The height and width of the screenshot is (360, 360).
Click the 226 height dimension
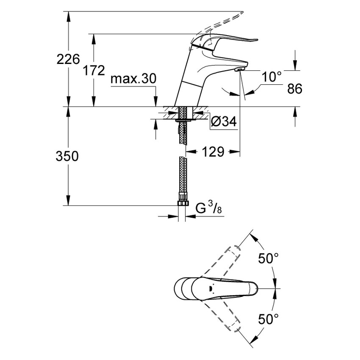coord(68,60)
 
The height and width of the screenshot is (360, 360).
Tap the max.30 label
coord(133,79)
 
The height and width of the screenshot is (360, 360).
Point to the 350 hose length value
coord(67,156)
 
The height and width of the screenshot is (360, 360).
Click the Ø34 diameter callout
coord(223,122)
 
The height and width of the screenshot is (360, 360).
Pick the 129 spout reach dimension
coord(212,152)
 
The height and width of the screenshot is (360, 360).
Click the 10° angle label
coord(271,77)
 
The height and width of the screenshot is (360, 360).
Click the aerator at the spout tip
coord(239,69)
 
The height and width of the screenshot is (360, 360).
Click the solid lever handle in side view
coord(229,42)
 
